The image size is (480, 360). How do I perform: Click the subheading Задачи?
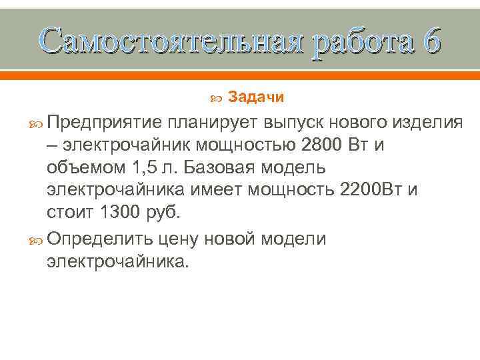click(x=256, y=98)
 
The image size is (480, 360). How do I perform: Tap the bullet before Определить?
click(x=35, y=239)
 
